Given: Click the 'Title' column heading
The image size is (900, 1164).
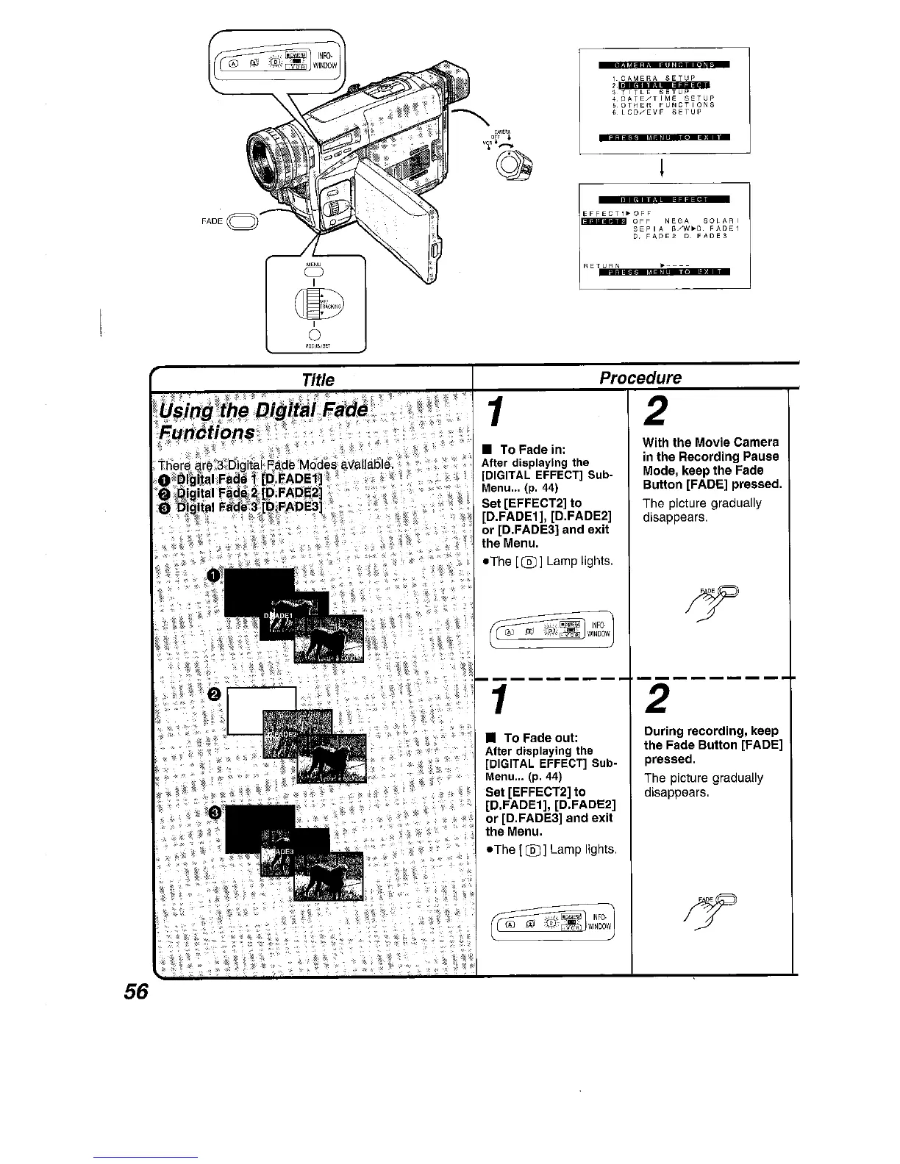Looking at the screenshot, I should click(318, 379).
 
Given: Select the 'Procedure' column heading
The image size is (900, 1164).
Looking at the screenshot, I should click(640, 378).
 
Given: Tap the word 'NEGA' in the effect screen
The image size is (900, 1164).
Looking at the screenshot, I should click(675, 221).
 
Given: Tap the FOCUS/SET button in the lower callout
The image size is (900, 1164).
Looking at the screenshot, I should click(315, 337).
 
